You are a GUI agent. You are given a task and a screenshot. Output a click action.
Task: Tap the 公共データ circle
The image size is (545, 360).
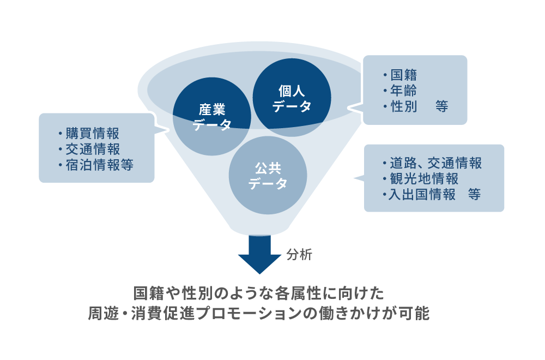(x=268, y=176)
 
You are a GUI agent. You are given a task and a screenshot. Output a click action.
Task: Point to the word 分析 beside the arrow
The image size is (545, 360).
(x=299, y=254)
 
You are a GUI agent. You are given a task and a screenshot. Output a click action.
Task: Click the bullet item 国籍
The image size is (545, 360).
(x=404, y=75)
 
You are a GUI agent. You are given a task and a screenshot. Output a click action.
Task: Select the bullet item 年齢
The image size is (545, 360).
(x=404, y=91)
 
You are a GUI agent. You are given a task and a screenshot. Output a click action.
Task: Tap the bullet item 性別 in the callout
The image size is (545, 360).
(x=404, y=106)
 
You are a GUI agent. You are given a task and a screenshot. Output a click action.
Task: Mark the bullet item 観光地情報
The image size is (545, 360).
(x=423, y=178)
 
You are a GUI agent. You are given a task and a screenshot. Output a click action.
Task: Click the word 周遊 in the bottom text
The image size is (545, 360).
(x=102, y=315)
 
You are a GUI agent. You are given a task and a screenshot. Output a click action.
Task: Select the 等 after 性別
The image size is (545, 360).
(x=442, y=106)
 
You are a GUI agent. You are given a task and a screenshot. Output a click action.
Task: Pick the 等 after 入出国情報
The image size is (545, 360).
(x=474, y=194)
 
